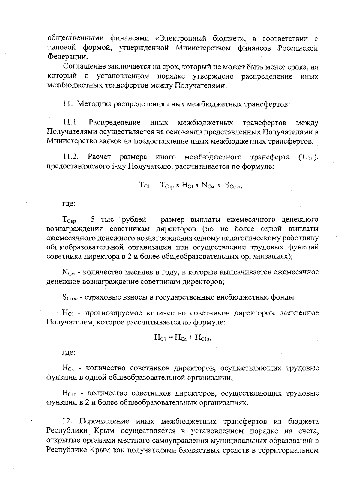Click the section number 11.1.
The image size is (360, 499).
point(70,123)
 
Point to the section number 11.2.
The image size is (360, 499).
point(71,157)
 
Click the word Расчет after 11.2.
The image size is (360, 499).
point(100,157)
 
